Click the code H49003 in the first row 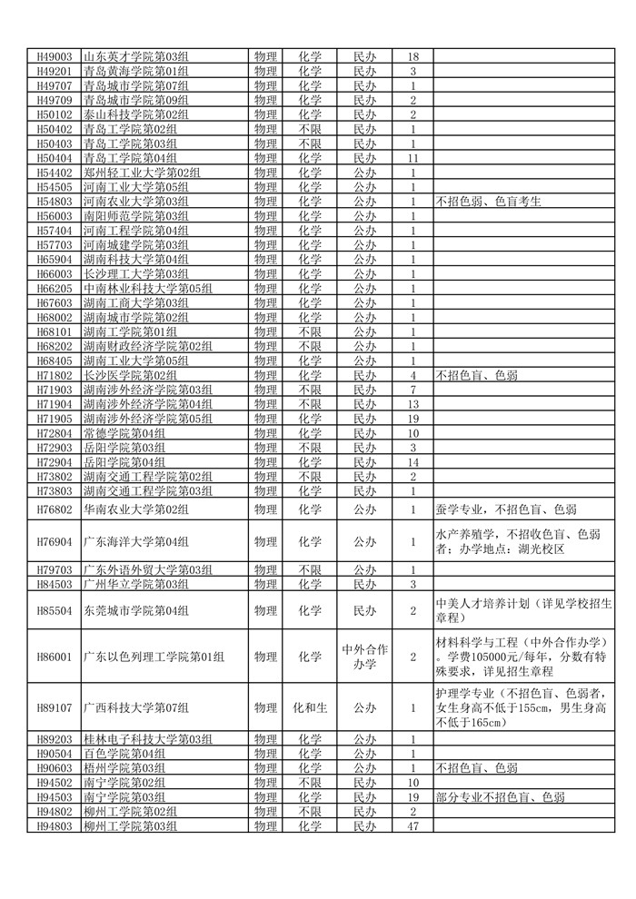click(54, 56)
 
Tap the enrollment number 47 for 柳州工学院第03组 click(412, 826)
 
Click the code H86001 click(54, 657)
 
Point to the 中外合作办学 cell click(364, 657)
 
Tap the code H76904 click(54, 542)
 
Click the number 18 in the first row click(412, 56)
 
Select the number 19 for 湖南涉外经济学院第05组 click(412, 419)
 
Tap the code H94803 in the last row click(54, 826)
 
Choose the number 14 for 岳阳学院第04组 click(412, 462)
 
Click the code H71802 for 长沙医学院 click(54, 375)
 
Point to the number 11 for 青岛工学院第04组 click(412, 158)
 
